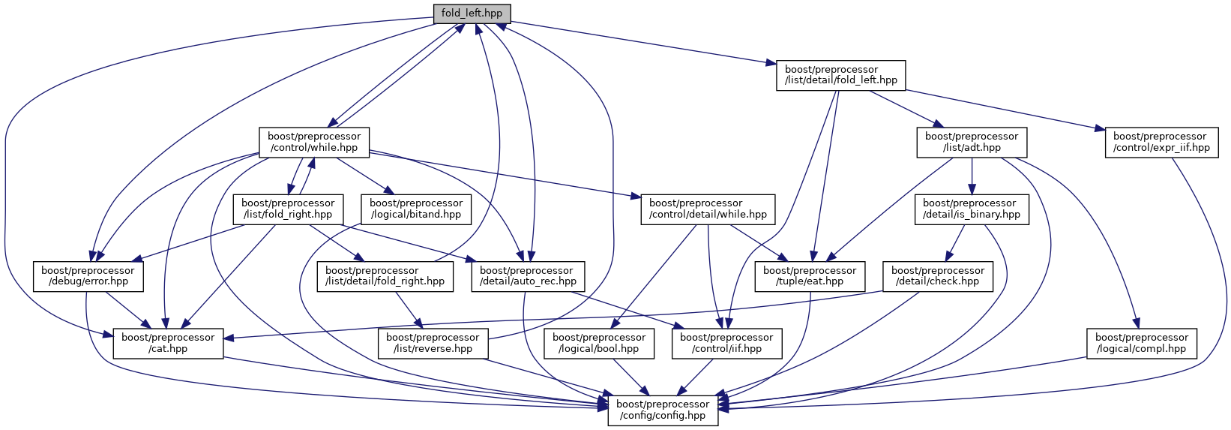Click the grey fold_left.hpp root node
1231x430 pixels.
pos(472,14)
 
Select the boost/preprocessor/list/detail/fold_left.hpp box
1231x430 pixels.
pos(840,75)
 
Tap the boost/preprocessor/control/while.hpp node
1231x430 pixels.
pos(314,142)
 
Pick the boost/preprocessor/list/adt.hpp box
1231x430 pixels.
pos(971,142)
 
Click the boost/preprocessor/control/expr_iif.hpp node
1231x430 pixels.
pos(1160,142)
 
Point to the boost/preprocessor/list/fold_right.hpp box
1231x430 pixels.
pos(288,209)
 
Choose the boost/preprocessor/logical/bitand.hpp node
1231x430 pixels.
pos(416,209)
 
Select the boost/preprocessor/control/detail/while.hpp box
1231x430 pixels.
pos(708,209)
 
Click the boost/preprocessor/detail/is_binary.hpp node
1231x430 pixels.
pos(971,209)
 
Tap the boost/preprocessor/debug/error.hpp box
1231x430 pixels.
pos(88,276)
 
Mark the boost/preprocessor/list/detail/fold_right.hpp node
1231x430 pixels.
pos(385,276)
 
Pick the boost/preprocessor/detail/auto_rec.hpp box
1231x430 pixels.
pos(528,276)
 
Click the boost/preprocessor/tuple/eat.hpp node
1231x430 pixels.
pos(810,276)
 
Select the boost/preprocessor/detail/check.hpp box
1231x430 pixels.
pos(938,276)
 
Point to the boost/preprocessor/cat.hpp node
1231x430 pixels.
pos(168,343)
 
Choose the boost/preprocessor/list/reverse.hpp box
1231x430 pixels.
pos(433,343)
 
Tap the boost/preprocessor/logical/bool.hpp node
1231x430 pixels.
pos(599,343)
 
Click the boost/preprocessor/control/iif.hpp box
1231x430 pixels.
pos(726,343)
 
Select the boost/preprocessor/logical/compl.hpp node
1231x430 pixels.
pos(1142,343)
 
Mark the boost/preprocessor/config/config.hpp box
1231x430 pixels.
pos(663,410)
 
